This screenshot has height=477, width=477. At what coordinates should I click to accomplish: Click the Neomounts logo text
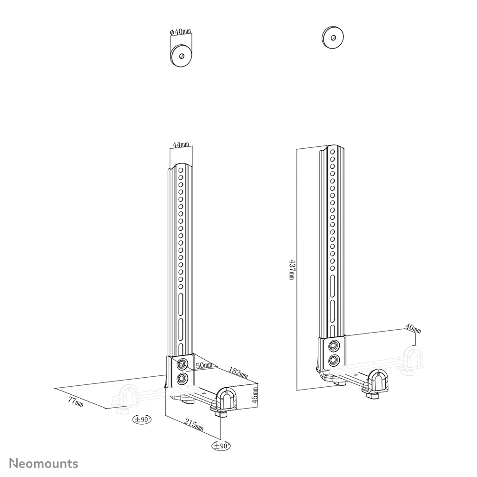coord(44,463)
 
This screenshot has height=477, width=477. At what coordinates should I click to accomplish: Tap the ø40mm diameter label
coord(180,32)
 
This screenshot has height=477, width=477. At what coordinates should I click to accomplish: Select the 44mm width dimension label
coord(181,144)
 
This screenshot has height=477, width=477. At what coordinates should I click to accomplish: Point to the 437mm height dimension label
coord(291,269)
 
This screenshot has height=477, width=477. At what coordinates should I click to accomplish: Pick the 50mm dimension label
coord(204,365)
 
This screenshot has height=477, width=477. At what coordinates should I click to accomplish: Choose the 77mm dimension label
coord(76,402)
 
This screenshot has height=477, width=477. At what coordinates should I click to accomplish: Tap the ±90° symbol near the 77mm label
coord(142,419)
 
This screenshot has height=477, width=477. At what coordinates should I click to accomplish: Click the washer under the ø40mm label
coord(181,56)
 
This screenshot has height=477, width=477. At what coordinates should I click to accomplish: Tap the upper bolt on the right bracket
coord(334,345)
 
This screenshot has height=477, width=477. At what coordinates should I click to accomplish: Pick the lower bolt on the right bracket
coord(334,360)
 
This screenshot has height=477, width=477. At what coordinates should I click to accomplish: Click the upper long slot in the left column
coord(181,302)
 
